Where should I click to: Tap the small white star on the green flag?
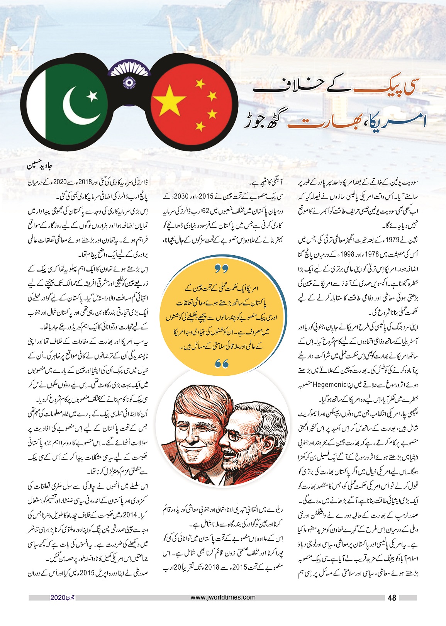point(92,95)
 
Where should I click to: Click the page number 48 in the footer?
point(392,598)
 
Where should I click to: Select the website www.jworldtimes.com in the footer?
point(223,597)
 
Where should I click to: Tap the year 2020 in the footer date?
point(58,598)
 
